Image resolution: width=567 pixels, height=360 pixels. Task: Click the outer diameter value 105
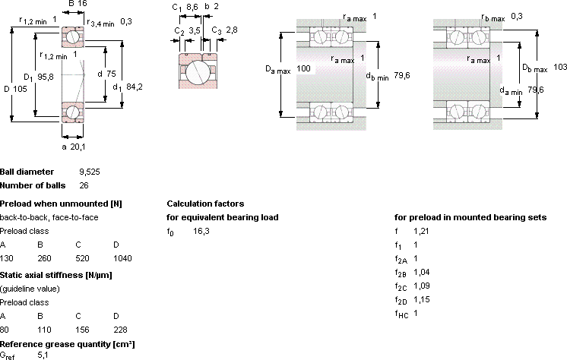[x=21, y=89]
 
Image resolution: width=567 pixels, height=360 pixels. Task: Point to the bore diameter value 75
[x=111, y=74]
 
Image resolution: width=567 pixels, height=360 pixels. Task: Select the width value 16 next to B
[x=82, y=4]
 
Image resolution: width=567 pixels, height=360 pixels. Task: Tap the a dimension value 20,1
[x=78, y=147]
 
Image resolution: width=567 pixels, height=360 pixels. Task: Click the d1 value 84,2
[x=135, y=87]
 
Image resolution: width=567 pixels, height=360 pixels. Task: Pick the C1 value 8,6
[x=192, y=7]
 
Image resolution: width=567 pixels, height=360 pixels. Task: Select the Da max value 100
[x=303, y=68]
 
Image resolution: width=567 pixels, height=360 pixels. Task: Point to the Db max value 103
[x=560, y=67]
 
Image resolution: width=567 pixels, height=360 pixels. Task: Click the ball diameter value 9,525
[x=90, y=172]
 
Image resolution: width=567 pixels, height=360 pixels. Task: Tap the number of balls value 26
[x=84, y=185]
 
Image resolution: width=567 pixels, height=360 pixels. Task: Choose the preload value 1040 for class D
[x=122, y=258]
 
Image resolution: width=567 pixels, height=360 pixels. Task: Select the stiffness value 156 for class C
[x=82, y=330]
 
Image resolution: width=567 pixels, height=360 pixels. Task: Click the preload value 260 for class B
[x=45, y=258]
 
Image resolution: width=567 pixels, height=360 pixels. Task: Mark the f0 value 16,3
[x=201, y=231]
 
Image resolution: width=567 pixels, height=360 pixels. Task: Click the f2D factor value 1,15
[x=422, y=299]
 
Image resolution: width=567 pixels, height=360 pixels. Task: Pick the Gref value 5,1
[x=43, y=355]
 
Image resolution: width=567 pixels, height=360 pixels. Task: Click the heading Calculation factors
[x=205, y=204]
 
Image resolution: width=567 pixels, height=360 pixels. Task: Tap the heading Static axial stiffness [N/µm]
[x=56, y=275]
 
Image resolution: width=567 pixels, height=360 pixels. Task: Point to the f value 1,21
[x=421, y=231]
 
